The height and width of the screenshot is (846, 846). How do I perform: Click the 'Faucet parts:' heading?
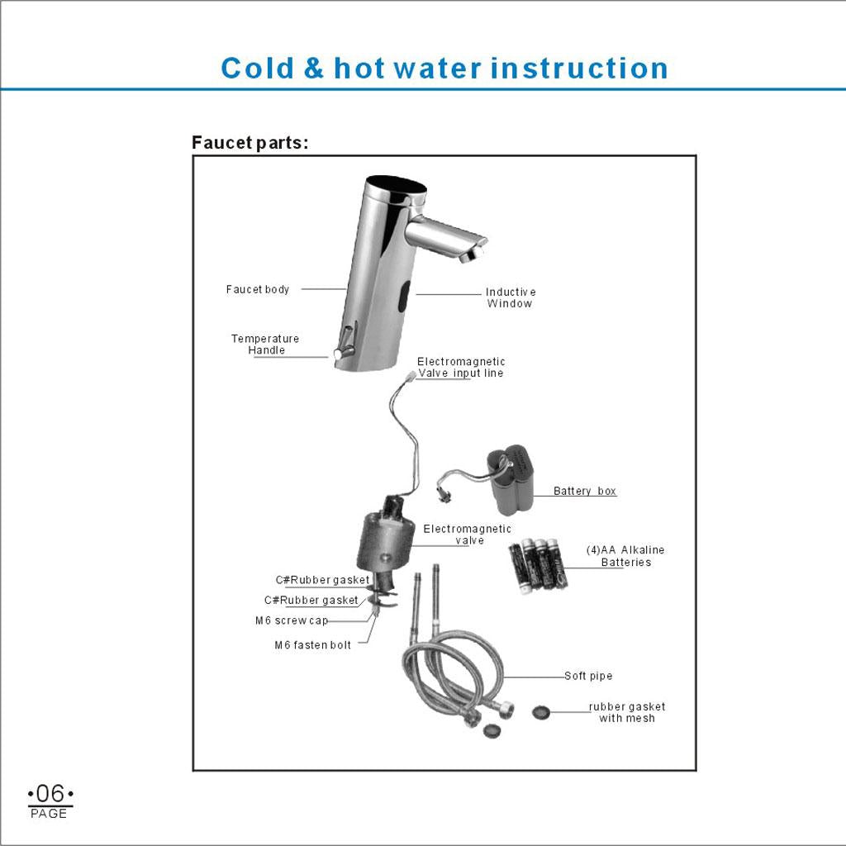tap(250, 142)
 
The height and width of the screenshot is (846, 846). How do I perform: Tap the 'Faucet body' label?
tap(258, 289)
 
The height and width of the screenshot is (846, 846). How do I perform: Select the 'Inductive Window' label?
tap(511, 297)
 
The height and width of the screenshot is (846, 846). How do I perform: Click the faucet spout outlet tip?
tap(471, 254)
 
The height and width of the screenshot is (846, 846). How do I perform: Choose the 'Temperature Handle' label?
tap(265, 345)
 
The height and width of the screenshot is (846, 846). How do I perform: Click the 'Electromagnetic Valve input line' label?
tap(461, 368)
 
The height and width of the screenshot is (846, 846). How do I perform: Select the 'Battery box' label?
tap(585, 491)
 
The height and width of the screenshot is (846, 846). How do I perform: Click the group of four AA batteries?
tap(538, 566)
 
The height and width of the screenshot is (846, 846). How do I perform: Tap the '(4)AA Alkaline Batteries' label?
tap(626, 556)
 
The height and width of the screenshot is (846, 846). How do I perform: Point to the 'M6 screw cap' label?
tap(292, 620)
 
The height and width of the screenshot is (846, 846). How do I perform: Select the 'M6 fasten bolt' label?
tap(313, 644)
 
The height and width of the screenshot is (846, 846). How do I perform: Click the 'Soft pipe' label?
tap(588, 676)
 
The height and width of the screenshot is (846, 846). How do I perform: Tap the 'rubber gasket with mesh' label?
tap(627, 712)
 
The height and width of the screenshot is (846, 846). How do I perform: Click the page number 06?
tap(50, 794)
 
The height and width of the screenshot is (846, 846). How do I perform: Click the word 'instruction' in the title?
tap(579, 69)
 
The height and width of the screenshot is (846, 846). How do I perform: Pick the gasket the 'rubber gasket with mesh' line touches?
tap(540, 712)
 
